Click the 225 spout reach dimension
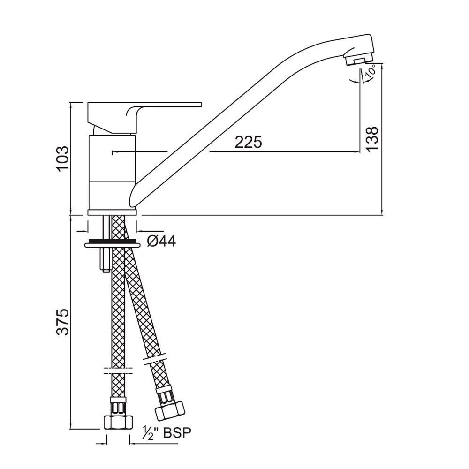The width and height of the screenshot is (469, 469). click(x=248, y=142)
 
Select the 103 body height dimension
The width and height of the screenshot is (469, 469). click(x=63, y=159)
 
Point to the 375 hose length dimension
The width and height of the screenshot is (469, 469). click(x=63, y=322)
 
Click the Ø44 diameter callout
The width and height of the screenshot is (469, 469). click(x=161, y=241)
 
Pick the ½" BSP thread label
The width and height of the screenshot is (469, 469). click(x=166, y=432)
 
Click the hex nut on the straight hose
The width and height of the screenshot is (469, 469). click(x=118, y=422)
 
